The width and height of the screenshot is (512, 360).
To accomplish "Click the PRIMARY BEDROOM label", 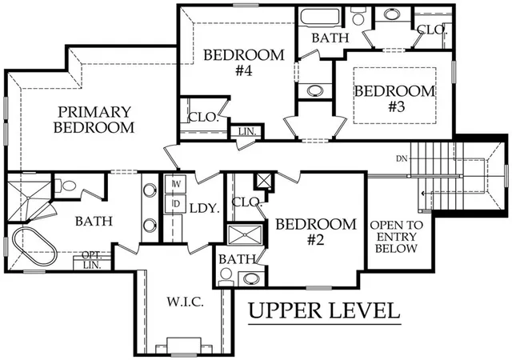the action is click(94, 119).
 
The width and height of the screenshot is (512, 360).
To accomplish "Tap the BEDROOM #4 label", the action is click(243, 62).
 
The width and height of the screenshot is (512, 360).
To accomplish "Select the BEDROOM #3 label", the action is click(395, 98).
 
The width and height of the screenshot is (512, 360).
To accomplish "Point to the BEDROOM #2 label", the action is click(316, 232).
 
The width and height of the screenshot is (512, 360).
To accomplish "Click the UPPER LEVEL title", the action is click(324, 310).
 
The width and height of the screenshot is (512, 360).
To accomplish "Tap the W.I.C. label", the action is click(186, 302).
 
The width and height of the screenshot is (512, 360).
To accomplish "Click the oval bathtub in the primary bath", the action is click(34, 246).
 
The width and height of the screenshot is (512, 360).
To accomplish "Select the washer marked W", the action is click(175, 184).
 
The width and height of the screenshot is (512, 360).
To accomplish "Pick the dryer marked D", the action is click(175, 204).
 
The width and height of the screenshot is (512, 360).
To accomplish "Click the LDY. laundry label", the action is click(205, 209).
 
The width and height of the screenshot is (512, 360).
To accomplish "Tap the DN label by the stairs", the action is click(402, 158).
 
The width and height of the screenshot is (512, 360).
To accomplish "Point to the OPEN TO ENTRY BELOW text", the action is click(397, 237).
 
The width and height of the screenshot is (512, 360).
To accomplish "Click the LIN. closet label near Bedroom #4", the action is click(247, 132).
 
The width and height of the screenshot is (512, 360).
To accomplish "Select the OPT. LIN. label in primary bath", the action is click(92, 260).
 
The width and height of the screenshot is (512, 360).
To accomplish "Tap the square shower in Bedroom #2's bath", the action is click(245, 234).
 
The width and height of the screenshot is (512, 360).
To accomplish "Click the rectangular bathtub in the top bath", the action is click(320, 16).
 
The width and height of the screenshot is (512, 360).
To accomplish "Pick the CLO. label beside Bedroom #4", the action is click(203, 117).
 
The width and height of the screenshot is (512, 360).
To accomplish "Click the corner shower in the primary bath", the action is click(29, 198).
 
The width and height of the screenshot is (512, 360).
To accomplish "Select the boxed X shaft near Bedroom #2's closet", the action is click(264, 180).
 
